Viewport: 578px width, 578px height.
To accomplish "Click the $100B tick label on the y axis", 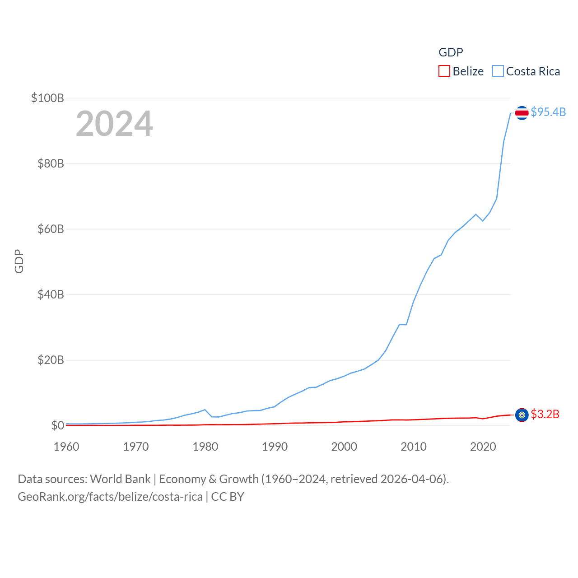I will coord(47,98).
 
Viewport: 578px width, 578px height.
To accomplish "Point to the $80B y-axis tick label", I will coord(51,163).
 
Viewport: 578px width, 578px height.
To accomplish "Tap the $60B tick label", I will coord(51,229).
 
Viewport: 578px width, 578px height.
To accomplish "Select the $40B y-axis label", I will coord(51,294).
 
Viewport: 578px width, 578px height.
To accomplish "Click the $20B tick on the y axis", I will coord(51,360).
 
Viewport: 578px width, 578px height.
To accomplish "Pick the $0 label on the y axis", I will coord(57,425).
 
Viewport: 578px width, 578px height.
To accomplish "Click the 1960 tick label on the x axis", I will coord(66,447).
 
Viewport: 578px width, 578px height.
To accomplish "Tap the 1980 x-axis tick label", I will coord(205,447).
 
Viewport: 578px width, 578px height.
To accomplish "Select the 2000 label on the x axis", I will coord(344,447).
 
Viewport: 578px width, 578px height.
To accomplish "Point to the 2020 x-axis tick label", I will coord(483,447).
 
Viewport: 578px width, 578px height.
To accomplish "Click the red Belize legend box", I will coord(444,71).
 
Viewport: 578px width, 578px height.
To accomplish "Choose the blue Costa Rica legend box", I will coord(498,71).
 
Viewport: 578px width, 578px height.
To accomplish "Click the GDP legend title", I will coord(451,52).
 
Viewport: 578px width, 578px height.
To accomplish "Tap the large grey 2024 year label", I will coord(114,124).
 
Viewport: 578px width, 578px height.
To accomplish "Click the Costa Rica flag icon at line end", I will coord(522,113).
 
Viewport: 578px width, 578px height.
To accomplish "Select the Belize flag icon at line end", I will coord(522,415).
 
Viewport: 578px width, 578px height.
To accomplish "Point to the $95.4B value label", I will coord(548,112).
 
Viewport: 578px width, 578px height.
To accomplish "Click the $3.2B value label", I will coord(545,414).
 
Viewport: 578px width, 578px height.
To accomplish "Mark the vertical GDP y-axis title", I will coord(19,261).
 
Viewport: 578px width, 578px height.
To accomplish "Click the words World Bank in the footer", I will coord(120,479).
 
